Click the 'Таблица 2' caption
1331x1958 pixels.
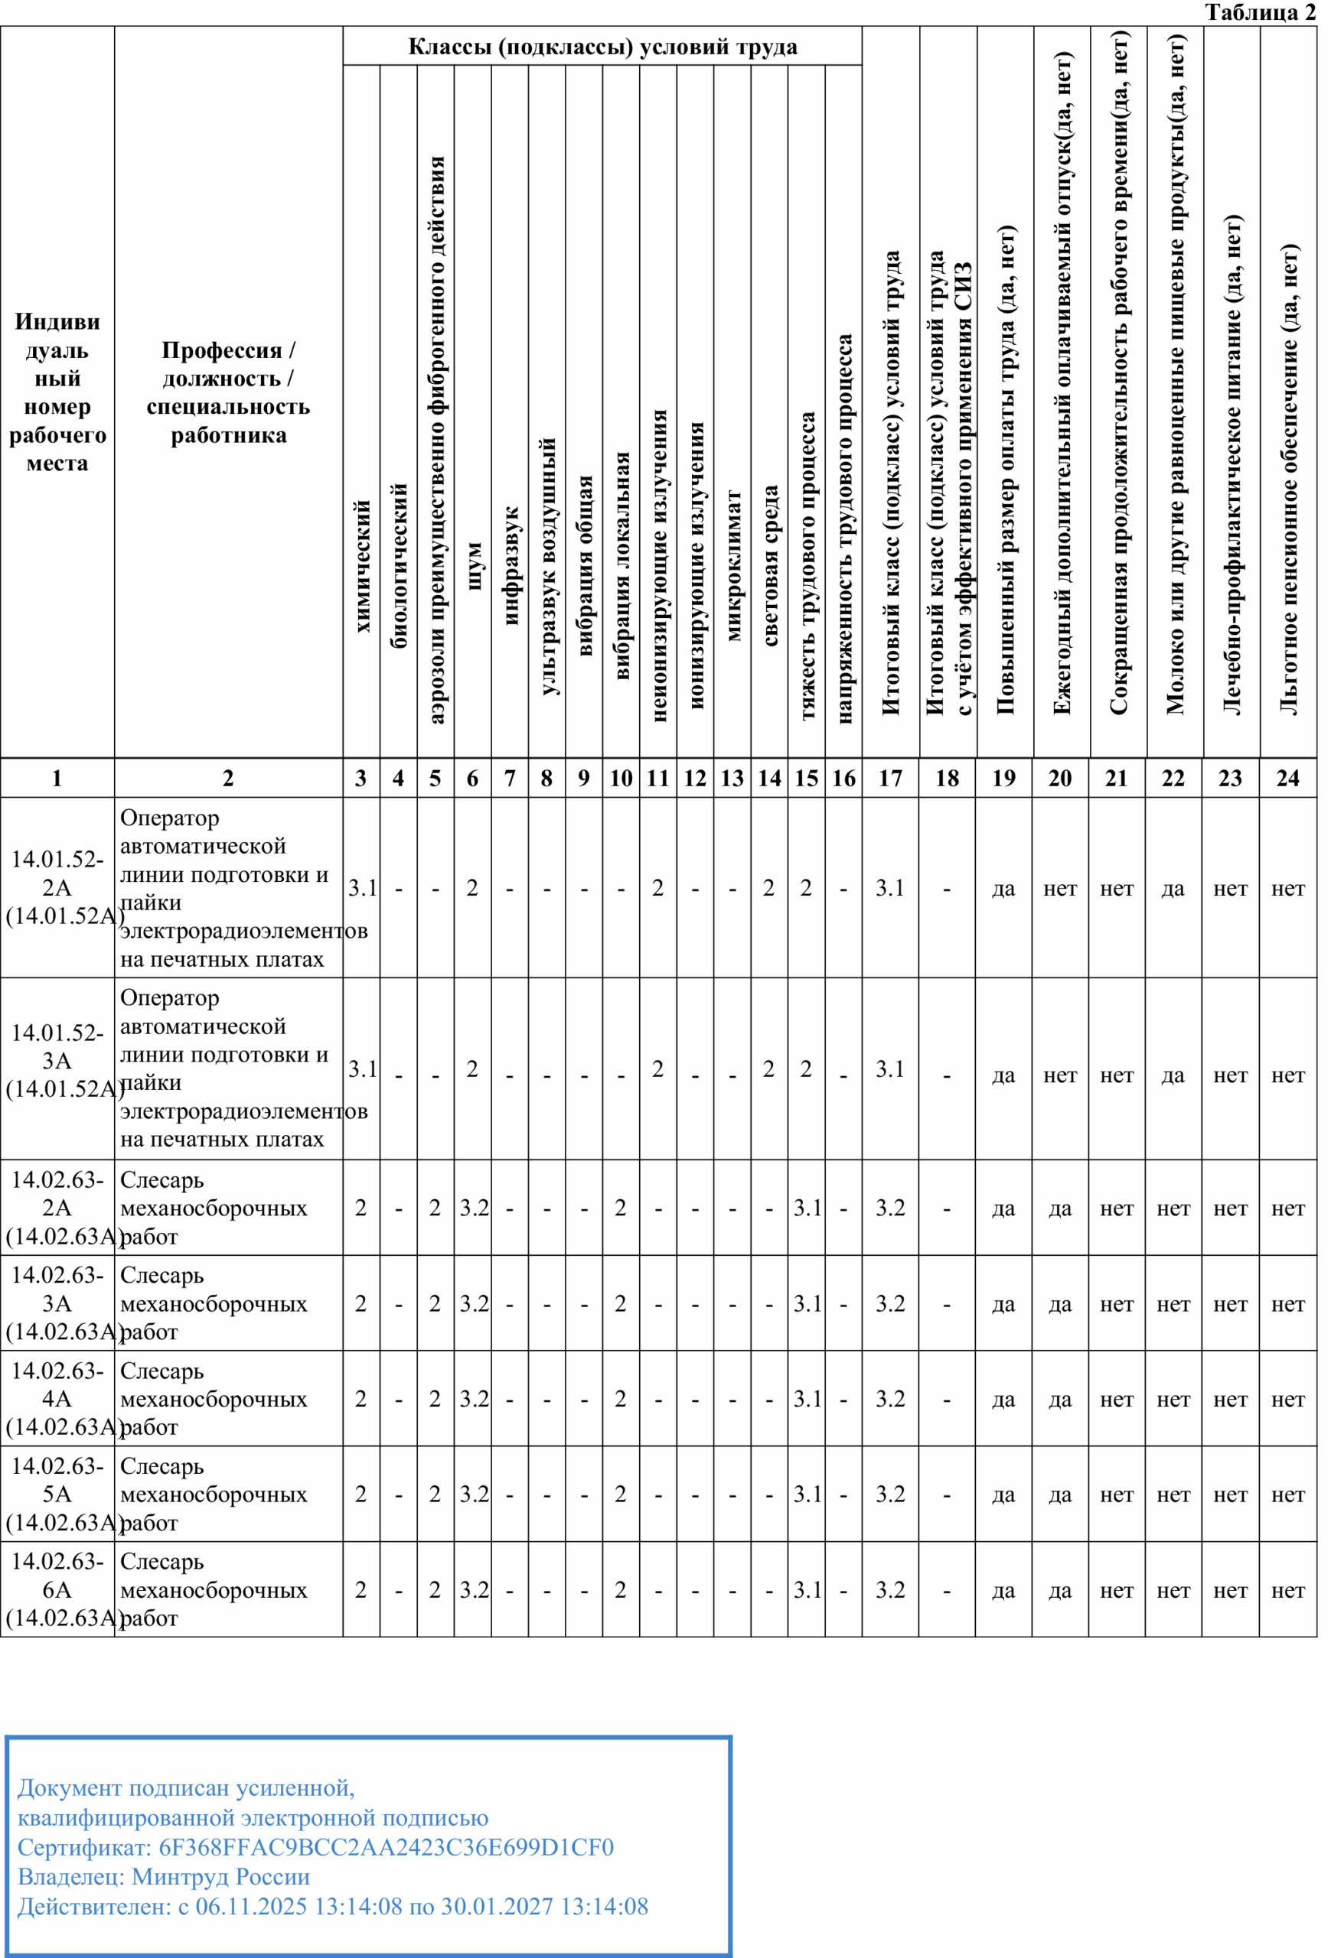coord(1259,13)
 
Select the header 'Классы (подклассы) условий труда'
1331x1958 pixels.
coord(602,47)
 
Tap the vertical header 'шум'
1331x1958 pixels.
coord(473,566)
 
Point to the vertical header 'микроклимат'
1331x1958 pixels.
coord(732,565)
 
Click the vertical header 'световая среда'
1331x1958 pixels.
coord(770,565)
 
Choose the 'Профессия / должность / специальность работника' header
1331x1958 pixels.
coord(227,392)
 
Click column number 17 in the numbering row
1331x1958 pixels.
coord(890,778)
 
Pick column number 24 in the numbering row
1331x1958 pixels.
coord(1287,778)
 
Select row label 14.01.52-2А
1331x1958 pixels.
coord(57,887)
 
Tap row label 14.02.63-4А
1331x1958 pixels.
coord(57,1399)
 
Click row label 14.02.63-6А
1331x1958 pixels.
coord(57,1589)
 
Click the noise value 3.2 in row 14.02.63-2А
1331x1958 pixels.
coord(474,1208)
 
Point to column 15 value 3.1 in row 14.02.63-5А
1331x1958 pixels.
coord(807,1494)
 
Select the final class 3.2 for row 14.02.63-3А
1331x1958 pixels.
coord(890,1303)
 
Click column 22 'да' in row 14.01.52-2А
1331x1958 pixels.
coord(1173,888)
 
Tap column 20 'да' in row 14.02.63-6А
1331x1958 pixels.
coord(1059,1590)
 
